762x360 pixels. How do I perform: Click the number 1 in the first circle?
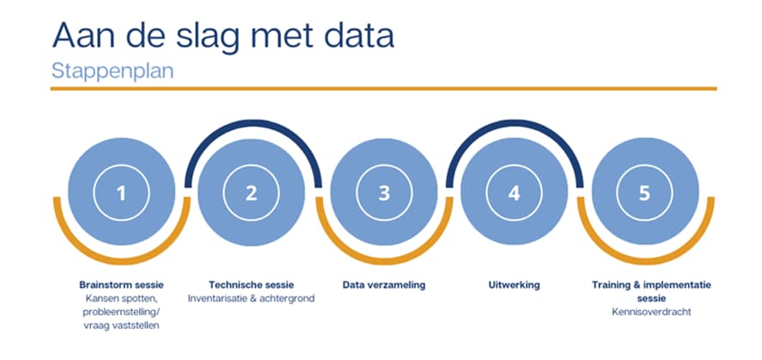[x=121, y=193]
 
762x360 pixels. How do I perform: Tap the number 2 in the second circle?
[x=251, y=193]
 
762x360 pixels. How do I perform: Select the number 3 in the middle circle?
[x=384, y=193]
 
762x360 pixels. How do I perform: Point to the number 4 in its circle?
[x=514, y=193]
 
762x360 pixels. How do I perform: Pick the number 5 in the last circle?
[x=644, y=193]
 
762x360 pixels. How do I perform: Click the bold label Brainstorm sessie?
[x=121, y=284]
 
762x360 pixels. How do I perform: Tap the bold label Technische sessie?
[x=251, y=284]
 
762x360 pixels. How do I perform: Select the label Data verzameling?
[x=384, y=285]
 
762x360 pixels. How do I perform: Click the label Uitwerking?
[x=514, y=285]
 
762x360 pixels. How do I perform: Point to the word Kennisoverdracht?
[x=651, y=312]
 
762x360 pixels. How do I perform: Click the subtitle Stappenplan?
[x=113, y=71]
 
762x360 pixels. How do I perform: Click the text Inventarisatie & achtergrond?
[x=251, y=298]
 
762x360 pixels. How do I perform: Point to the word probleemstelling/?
[x=121, y=312]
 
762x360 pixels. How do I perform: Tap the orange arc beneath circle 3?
[x=384, y=261]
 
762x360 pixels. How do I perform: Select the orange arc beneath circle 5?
[x=646, y=261]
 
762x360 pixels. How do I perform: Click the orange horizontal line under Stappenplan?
[x=383, y=88]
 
